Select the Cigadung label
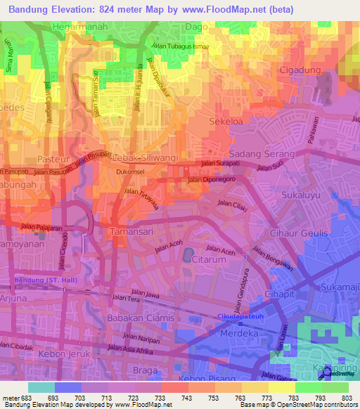[300, 70]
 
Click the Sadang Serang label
[257, 152]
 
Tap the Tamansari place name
[130, 230]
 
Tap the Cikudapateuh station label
[239, 316]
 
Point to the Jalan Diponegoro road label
[210, 180]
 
